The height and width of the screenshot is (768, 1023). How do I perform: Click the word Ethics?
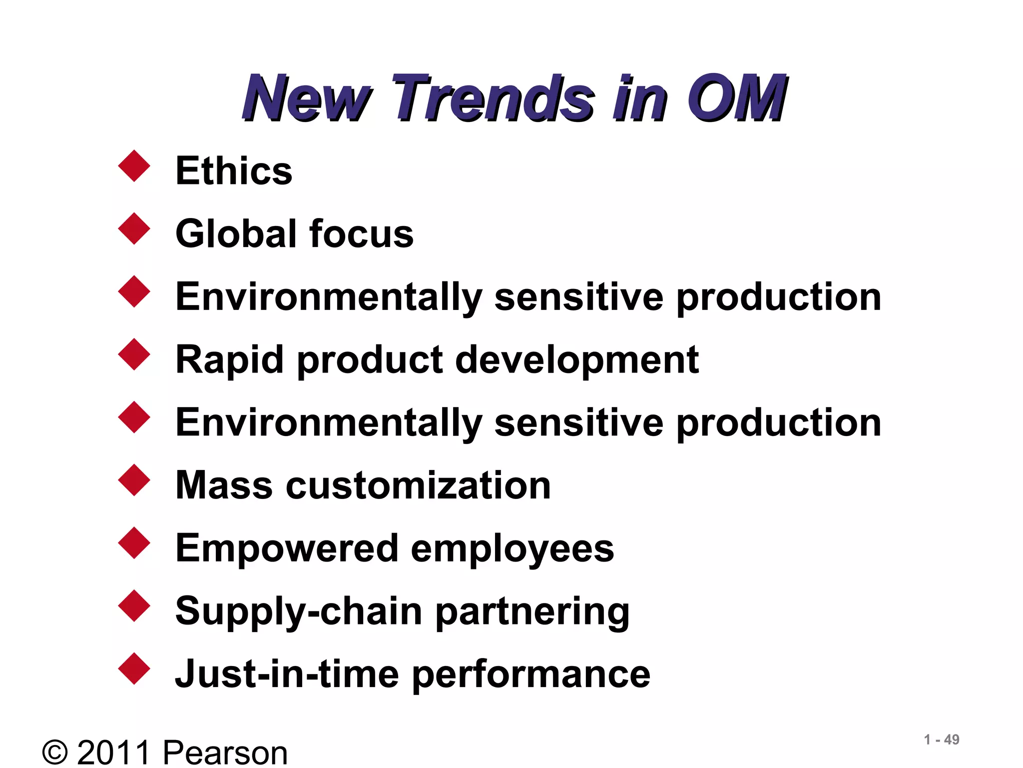point(234,170)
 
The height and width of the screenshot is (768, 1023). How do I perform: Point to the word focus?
point(361,233)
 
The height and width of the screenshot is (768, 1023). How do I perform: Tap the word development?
point(577,359)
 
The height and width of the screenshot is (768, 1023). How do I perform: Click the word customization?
point(418,485)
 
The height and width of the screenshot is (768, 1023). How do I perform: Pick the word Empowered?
point(286,548)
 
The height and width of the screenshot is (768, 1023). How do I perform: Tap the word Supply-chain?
point(299,611)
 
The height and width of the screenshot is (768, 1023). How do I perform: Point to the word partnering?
point(532,611)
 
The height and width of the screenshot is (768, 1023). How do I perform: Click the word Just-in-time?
point(287,673)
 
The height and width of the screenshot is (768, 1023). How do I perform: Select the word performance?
point(531,674)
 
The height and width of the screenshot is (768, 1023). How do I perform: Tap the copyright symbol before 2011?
point(55,752)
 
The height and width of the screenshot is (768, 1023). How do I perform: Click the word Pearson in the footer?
point(225,752)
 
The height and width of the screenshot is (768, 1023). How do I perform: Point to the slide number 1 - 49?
point(941,739)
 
